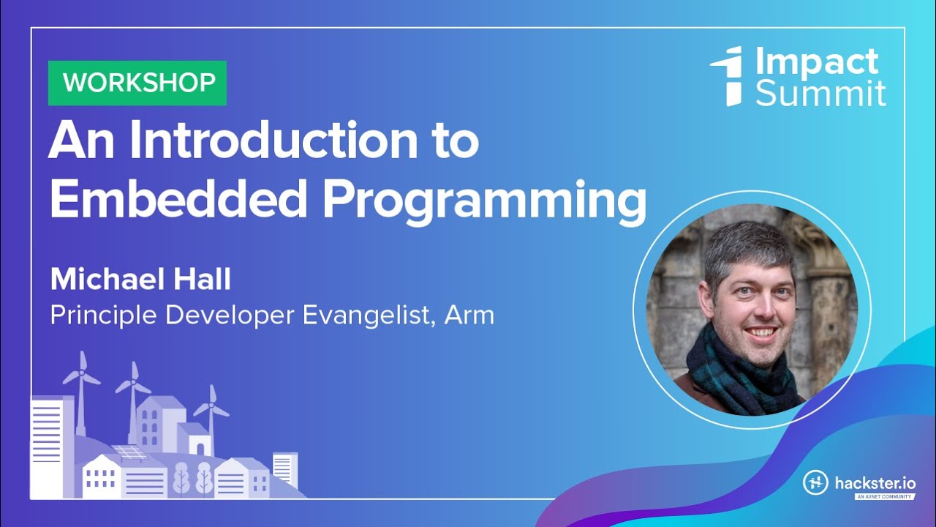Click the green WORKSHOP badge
pos(137,83)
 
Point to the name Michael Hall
pos(140,280)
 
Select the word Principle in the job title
pos(103,315)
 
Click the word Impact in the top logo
pos(816,62)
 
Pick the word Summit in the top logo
pos(820,94)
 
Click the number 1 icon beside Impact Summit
pos(729,75)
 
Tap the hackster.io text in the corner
pos(875,483)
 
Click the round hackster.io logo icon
pos(815,483)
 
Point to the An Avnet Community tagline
pos(885,497)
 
